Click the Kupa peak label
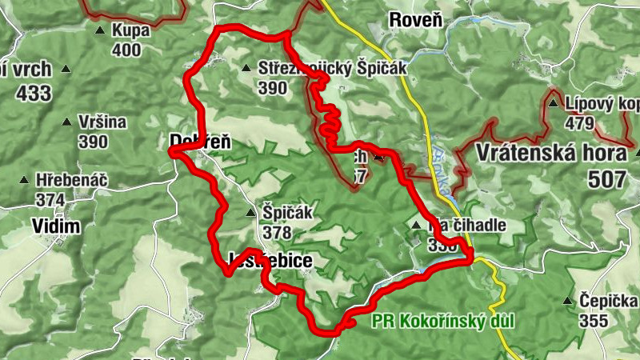tap(132, 31)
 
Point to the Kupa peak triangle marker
tap(100, 31)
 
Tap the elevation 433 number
tap(33, 93)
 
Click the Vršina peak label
tap(103, 122)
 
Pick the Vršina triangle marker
tap(67, 122)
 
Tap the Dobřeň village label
tap(200, 142)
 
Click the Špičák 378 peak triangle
tap(251, 213)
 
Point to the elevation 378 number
tap(276, 232)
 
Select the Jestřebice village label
tap(269, 261)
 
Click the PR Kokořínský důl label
tap(442, 321)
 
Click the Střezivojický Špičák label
tap(332, 69)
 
